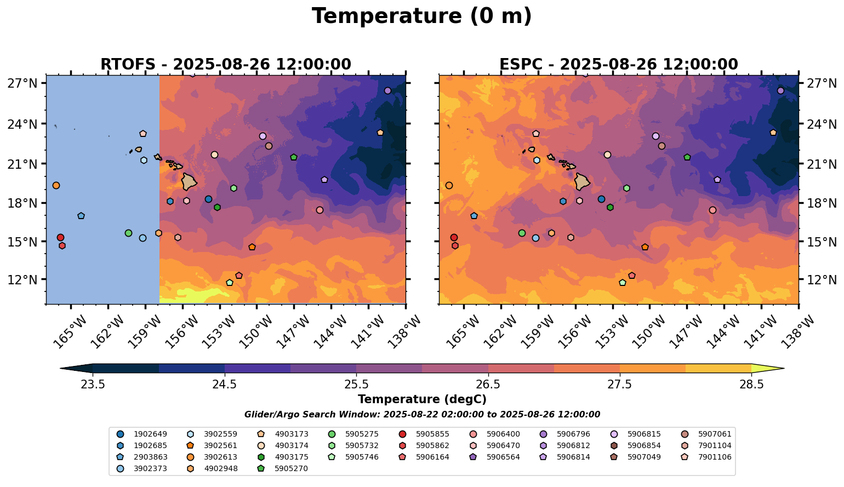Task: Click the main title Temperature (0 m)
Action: pyautogui.click(x=421, y=16)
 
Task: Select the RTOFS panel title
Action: pyautogui.click(x=225, y=64)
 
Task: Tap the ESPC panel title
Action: pyautogui.click(x=618, y=64)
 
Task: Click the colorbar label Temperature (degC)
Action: pyautogui.click(x=421, y=399)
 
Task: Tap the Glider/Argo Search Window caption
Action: pyautogui.click(x=421, y=415)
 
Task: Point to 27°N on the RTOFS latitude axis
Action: pyautogui.click(x=22, y=83)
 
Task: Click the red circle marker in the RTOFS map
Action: pyautogui.click(x=60, y=237)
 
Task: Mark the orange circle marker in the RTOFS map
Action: pyautogui.click(x=56, y=185)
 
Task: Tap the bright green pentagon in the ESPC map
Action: pyautogui.click(x=687, y=157)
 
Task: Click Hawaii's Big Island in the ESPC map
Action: pyautogui.click(x=582, y=181)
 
